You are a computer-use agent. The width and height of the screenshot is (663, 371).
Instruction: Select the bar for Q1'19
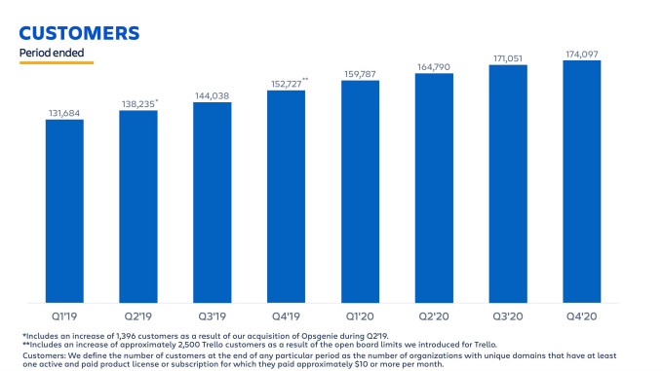[64, 209]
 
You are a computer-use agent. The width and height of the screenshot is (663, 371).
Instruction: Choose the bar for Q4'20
[581, 181]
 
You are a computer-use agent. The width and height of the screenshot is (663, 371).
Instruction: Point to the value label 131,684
[64, 113]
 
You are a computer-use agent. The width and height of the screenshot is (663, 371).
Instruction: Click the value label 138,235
[137, 103]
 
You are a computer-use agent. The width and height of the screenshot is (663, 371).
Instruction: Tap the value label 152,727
[285, 84]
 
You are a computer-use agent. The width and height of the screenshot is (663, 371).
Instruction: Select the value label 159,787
[360, 74]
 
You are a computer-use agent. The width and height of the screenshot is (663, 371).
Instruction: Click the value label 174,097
[581, 54]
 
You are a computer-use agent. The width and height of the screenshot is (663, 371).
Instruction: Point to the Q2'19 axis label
[138, 315]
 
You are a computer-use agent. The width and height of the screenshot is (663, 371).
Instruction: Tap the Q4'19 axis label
[286, 315]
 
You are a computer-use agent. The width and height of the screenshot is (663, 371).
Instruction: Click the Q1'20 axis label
[360, 315]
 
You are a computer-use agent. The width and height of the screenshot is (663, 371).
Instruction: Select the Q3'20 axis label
[507, 315]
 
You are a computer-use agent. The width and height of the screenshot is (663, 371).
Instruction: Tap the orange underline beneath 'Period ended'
[57, 62]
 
